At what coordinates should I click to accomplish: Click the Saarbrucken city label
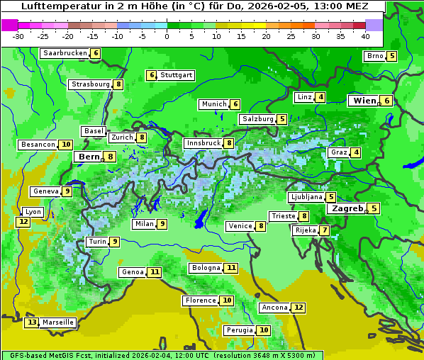tap(65, 53)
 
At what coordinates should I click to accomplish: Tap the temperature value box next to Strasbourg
tap(118, 84)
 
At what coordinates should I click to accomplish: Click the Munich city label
tap(213, 104)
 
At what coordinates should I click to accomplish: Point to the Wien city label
tap(364, 101)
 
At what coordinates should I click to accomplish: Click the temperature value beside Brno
tap(391, 56)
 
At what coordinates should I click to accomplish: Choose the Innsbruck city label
tap(203, 143)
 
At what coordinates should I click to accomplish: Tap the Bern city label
tap(89, 157)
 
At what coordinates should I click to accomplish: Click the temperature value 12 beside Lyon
tap(23, 222)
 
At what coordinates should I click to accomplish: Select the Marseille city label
tap(58, 322)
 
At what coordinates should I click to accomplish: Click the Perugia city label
tap(239, 330)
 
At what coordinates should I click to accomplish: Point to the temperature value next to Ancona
tap(299, 308)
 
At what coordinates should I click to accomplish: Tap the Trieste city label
tap(283, 216)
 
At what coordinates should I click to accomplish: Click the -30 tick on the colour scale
tap(18, 35)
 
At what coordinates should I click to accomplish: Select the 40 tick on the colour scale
tap(365, 35)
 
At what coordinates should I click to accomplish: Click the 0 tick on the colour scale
tap(167, 35)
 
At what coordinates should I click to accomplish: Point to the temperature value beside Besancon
tap(66, 145)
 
